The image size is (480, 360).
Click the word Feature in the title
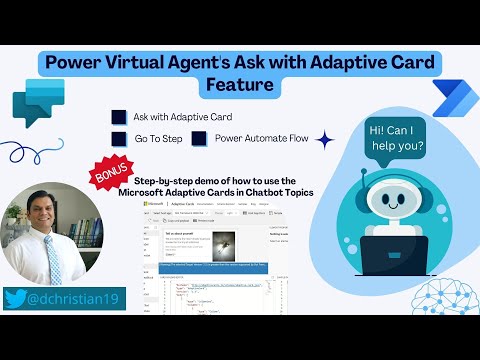[x=239, y=85]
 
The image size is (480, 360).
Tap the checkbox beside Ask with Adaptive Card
[x=119, y=117]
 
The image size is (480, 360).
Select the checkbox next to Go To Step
[x=119, y=139]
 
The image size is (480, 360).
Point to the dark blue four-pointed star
[x=323, y=140]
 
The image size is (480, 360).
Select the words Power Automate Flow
[x=262, y=139]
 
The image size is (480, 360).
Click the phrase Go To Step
[x=158, y=139]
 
